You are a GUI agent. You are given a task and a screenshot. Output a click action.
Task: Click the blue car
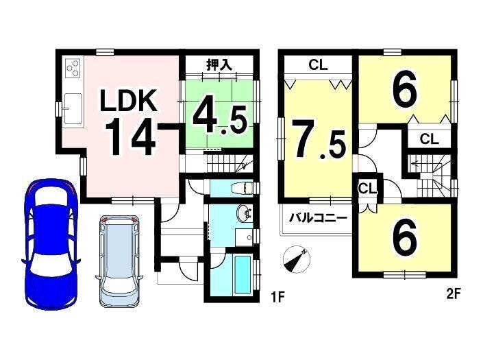(50, 244)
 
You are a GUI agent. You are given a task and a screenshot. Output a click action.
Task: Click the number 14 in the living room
(130, 136)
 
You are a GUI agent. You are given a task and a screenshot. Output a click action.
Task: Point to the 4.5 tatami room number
(220, 119)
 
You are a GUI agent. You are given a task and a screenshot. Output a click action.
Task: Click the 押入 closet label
(219, 65)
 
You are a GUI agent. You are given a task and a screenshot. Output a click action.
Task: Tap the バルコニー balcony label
(318, 219)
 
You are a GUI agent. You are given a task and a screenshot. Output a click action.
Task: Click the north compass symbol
(297, 259)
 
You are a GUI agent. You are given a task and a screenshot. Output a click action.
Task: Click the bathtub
(243, 274)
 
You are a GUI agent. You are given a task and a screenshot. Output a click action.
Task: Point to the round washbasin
(245, 213)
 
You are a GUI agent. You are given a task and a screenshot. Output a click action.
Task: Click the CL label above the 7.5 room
(318, 65)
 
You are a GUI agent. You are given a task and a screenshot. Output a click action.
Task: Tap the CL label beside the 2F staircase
(429, 139)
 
